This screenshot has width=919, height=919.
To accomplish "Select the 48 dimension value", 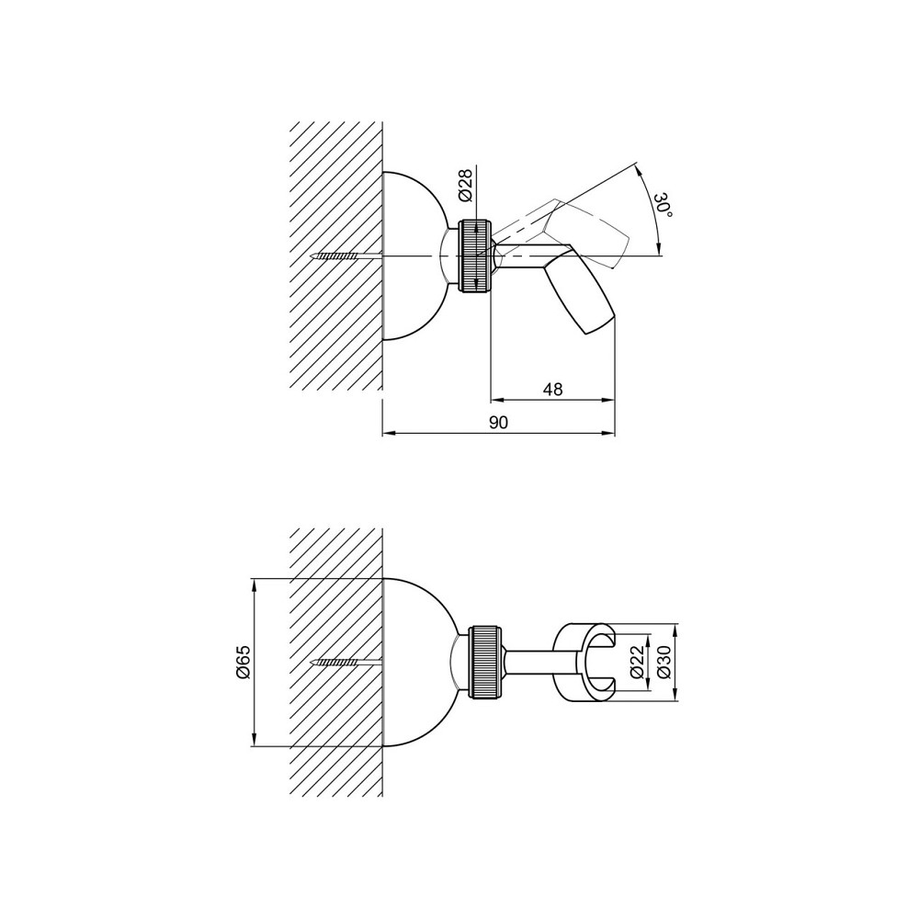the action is (x=552, y=389).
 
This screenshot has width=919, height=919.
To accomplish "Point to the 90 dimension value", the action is (x=498, y=423).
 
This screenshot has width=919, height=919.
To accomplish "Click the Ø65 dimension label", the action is (x=244, y=662).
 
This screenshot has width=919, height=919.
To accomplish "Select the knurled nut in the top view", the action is (x=476, y=255).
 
